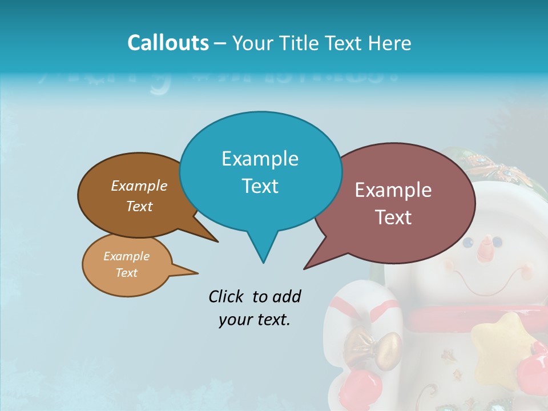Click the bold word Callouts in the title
[x=168, y=43]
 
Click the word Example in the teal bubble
[x=260, y=159]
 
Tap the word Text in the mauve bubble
[x=393, y=217]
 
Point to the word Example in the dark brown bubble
[x=139, y=186]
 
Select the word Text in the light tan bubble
[x=127, y=273]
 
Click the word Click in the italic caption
[x=226, y=296]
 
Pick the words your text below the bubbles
[x=255, y=320]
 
